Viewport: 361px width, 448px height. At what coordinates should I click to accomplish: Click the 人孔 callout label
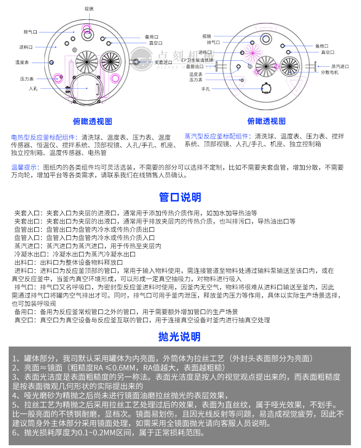pyautogui.click(x=33, y=88)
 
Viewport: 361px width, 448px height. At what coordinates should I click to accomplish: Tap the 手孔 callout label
pyautogui.click(x=205, y=89)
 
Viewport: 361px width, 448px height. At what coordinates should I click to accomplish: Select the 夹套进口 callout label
pyautogui.click(x=163, y=62)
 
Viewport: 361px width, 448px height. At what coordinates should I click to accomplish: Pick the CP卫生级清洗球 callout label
pyautogui.click(x=197, y=60)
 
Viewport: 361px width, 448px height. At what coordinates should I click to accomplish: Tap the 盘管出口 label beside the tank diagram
pyautogui.click(x=195, y=66)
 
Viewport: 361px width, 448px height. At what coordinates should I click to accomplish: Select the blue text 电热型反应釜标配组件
pyautogui.click(x=44, y=137)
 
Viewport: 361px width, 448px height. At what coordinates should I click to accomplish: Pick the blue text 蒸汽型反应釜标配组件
pyautogui.click(x=217, y=136)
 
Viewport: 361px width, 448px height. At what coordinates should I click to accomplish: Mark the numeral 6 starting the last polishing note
pyautogui.click(x=15, y=432)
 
